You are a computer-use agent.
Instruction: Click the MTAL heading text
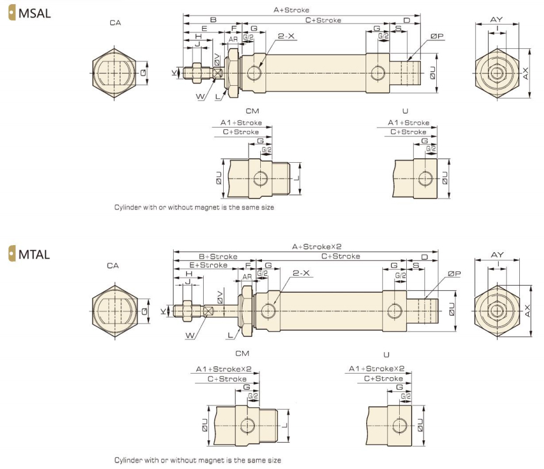pos(35,256)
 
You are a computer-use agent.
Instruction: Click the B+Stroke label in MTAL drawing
pos(218,256)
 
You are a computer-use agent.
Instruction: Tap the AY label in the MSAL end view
pos(496,19)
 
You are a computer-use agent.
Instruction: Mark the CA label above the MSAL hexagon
pos(115,23)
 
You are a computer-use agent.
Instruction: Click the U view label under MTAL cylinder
pos(386,354)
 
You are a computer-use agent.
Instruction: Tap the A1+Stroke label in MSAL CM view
pos(241,123)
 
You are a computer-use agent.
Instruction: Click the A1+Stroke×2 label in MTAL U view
pos(377,369)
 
